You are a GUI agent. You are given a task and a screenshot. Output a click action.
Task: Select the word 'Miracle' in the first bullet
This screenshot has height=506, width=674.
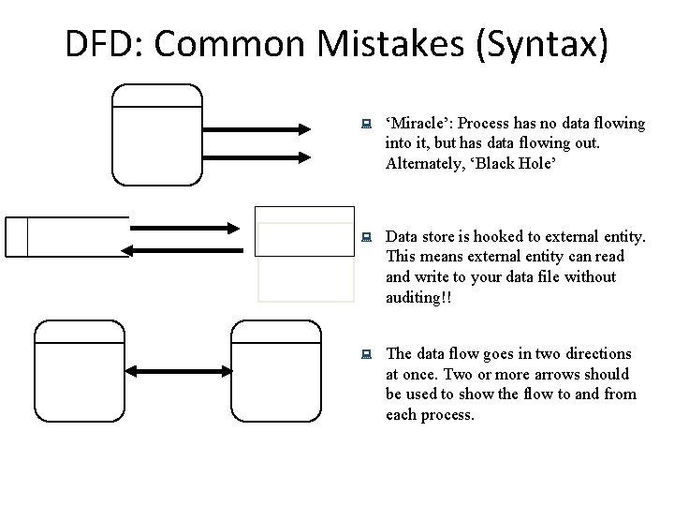click(418, 124)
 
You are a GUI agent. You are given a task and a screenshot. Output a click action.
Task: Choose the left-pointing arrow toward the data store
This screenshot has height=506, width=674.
click(187, 249)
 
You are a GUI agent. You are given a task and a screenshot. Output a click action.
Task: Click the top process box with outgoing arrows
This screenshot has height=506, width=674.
click(157, 135)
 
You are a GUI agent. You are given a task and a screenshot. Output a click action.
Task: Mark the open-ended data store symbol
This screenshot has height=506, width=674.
click(66, 236)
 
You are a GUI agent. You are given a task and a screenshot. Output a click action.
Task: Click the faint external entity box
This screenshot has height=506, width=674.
click(306, 254)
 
